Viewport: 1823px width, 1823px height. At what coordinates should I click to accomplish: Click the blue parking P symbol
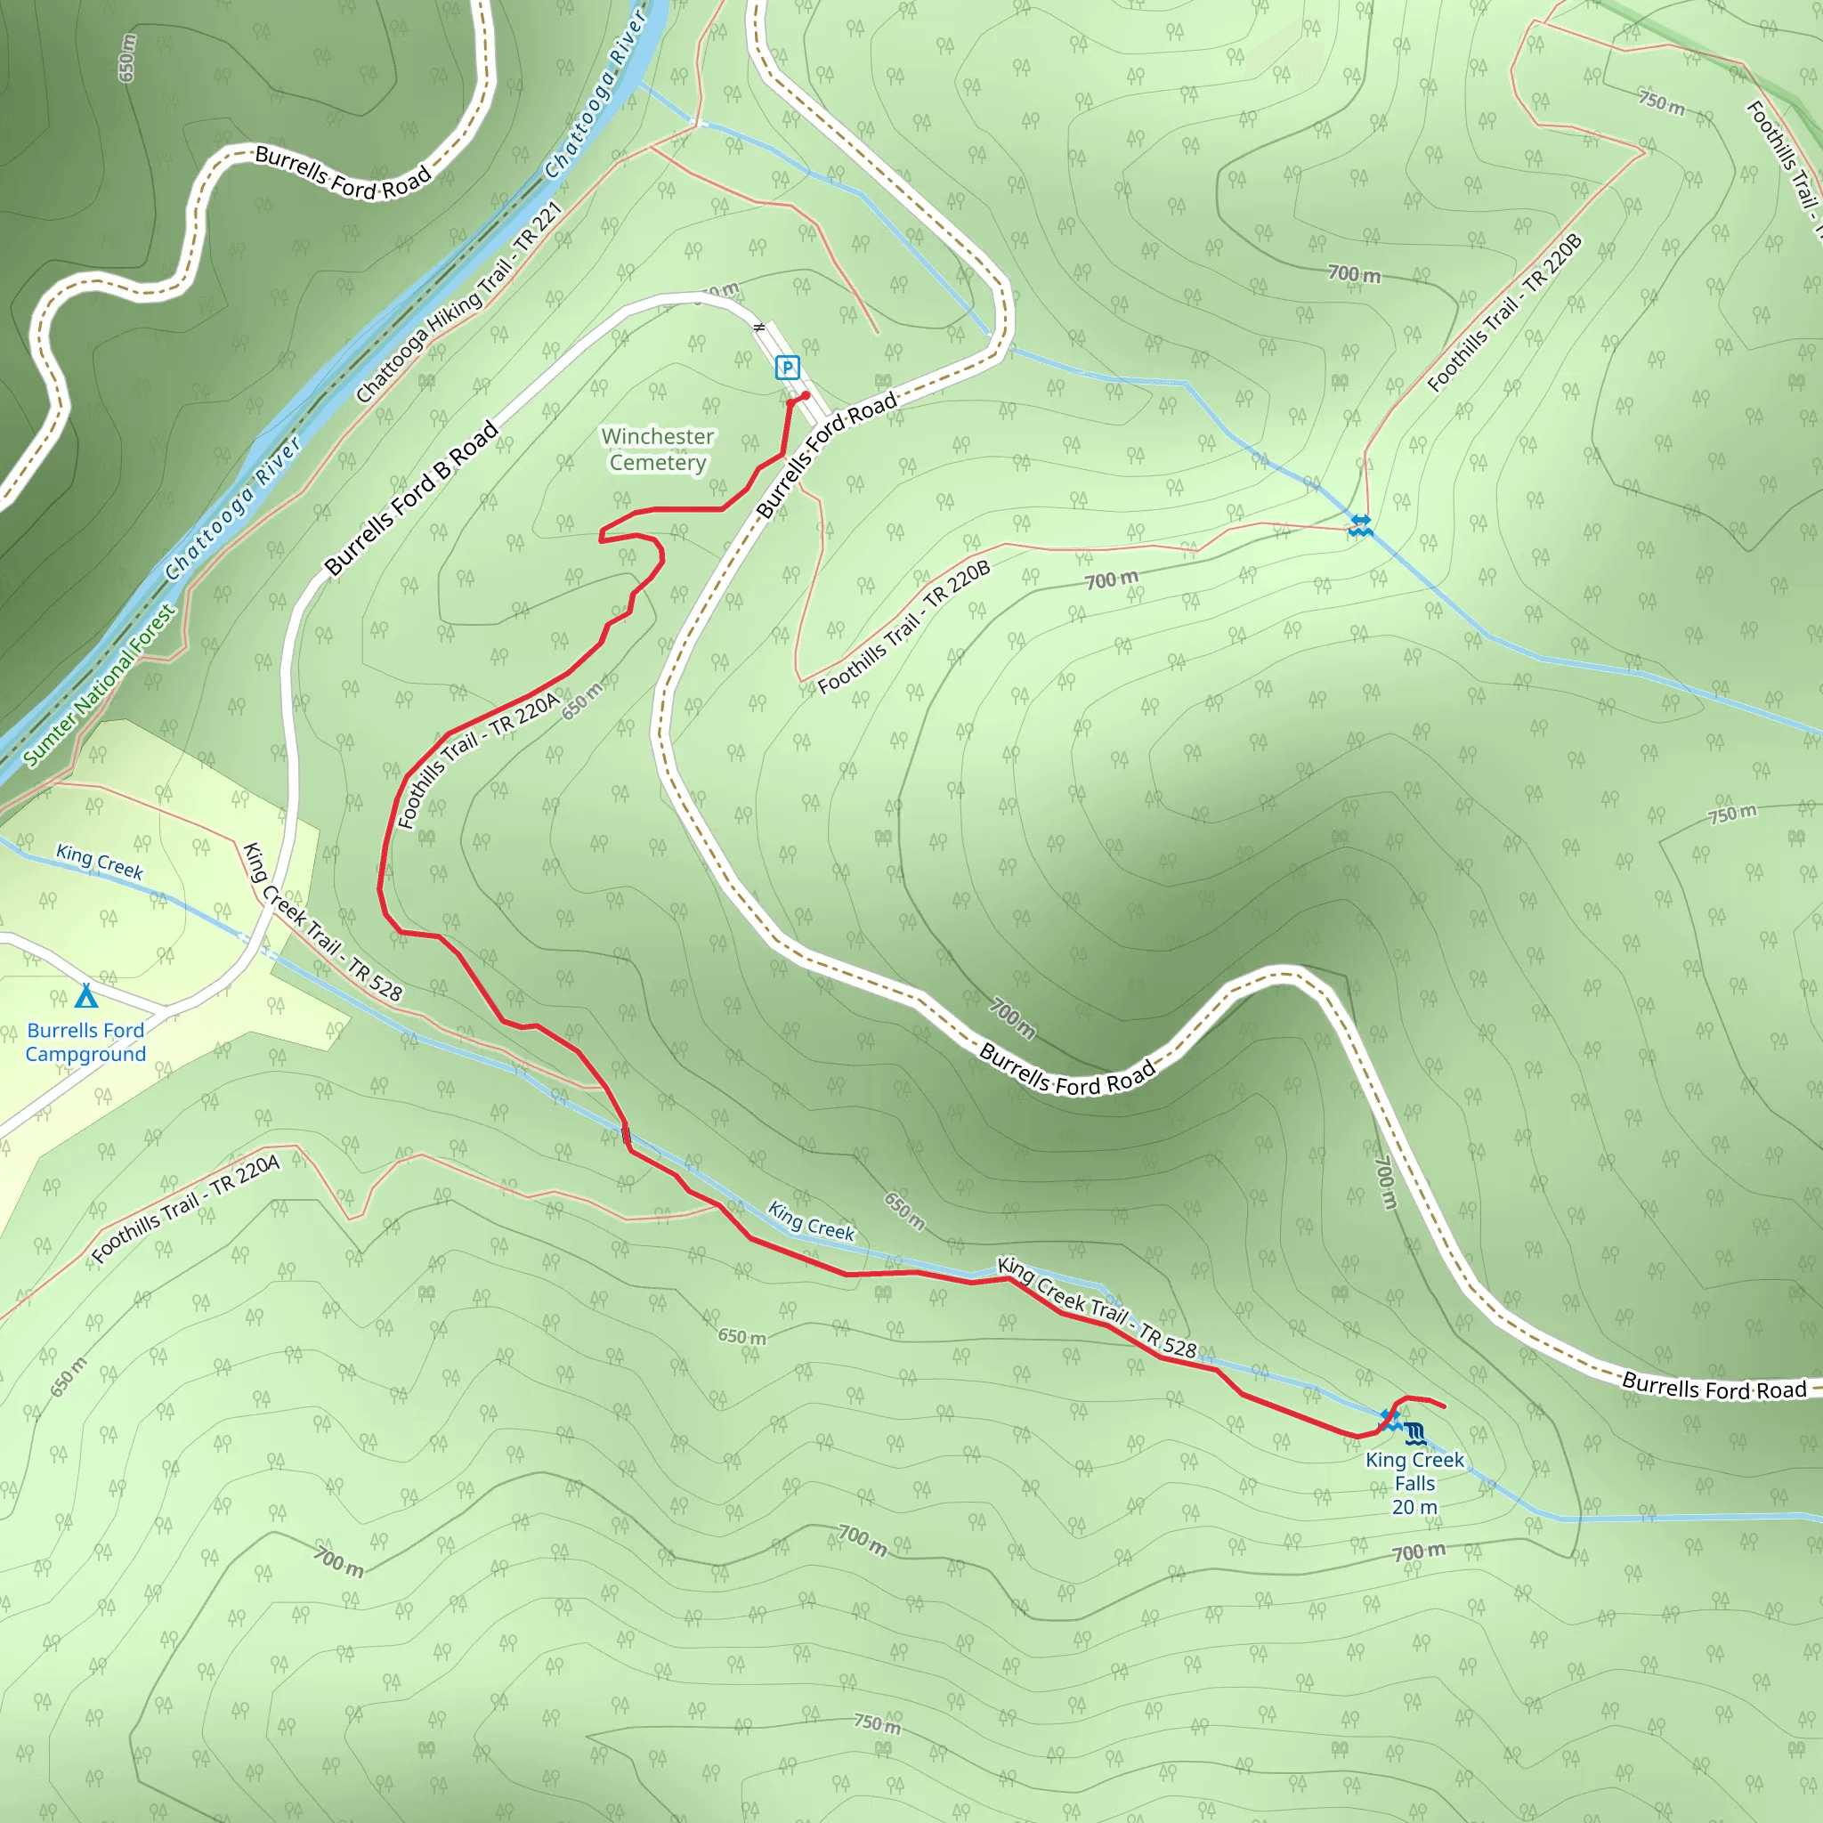coord(787,367)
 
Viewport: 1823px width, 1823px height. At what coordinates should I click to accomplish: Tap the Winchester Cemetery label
coord(658,450)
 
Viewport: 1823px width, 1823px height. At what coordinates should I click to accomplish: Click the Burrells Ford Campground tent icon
coord(85,995)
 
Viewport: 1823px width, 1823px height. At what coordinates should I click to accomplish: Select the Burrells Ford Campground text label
coord(85,1041)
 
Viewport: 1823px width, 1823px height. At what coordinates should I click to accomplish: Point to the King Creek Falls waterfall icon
coord(1414,1434)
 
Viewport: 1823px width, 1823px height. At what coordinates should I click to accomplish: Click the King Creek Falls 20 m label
coord(1414,1482)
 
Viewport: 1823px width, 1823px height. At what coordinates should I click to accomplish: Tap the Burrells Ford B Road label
coord(411,498)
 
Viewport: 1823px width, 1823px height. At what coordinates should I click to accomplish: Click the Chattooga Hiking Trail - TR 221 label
coord(459,302)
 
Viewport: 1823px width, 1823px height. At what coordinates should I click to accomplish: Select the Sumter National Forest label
coord(99,685)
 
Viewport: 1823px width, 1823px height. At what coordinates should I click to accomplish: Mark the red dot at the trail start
coord(806,395)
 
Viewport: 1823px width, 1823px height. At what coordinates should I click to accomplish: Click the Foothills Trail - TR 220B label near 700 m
coord(904,627)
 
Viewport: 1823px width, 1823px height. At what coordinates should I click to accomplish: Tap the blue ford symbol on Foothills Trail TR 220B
coord(1360,525)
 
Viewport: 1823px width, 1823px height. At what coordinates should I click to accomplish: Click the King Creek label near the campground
coord(99,862)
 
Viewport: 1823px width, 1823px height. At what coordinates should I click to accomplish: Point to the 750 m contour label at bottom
coord(877,1723)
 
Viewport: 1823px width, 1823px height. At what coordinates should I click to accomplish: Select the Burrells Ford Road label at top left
coord(343,173)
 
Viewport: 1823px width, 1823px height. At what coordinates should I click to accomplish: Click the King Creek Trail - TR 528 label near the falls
coord(1097,1308)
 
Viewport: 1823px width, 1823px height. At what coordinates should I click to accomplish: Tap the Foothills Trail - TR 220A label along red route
coord(477,760)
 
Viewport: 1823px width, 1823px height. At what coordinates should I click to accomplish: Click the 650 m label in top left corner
coord(127,58)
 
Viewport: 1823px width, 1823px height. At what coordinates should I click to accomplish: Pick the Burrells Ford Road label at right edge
coord(1714,1387)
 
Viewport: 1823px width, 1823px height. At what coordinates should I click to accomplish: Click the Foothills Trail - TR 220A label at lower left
coord(186,1209)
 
